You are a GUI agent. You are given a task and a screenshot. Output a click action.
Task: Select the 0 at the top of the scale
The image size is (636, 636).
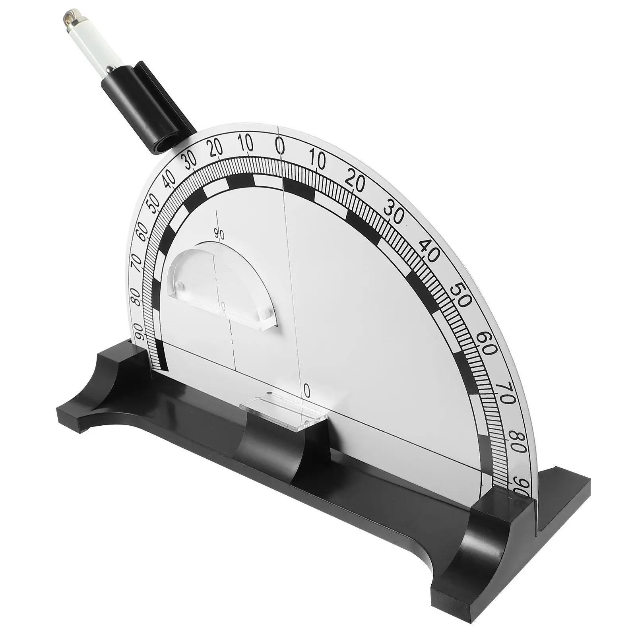pos(281,147)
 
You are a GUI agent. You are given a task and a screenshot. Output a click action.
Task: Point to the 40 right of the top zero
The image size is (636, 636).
pos(429,251)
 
